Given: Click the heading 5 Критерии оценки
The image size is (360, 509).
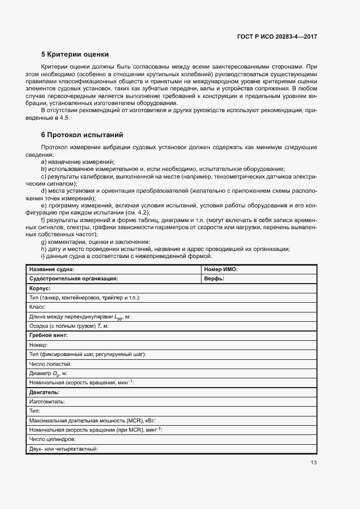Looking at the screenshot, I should coord(75,54).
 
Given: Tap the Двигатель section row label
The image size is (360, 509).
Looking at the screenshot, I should coord(44,392).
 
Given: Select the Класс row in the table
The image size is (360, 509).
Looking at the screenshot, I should coord(38,306).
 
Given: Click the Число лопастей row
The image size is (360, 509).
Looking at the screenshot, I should coord(51,364).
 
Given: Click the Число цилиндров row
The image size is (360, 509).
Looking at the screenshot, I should coord(52,439).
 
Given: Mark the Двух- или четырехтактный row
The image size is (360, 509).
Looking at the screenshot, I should coord(63,449).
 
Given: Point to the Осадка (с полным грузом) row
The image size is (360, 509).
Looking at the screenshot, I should coord(69,326).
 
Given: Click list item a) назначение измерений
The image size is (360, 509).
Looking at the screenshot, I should coord(78,162).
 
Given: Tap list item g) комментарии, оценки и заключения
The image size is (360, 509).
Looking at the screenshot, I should coord(95,242).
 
